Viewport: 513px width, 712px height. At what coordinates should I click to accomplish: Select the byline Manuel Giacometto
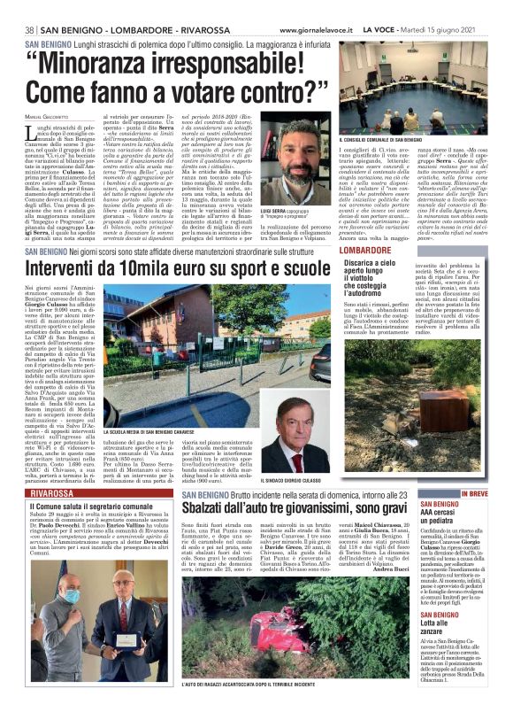pos(51,119)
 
